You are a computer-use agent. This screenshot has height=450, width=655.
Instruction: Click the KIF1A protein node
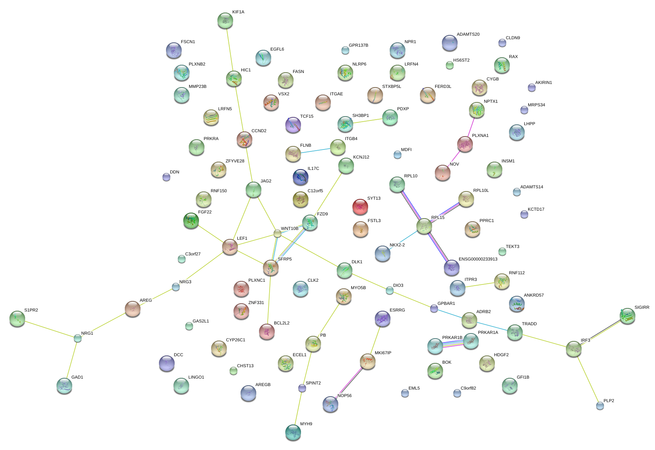click(x=225, y=20)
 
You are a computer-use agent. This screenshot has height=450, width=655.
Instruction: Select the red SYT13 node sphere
click(x=360, y=207)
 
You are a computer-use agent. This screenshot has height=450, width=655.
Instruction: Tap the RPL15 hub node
click(x=424, y=226)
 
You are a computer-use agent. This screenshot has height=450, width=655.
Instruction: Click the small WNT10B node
click(x=277, y=234)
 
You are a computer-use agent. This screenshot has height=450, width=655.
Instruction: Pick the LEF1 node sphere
click(x=230, y=247)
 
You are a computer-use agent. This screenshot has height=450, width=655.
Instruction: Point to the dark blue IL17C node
click(x=300, y=177)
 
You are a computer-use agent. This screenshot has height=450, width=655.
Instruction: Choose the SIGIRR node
click(x=627, y=315)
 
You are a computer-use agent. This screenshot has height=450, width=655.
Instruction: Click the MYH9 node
click(x=293, y=432)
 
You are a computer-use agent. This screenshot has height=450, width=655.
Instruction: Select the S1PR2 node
click(x=17, y=319)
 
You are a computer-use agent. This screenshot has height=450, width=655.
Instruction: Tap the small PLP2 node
click(x=600, y=406)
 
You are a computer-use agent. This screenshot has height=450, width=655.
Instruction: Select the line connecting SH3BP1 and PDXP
click(x=367, y=120)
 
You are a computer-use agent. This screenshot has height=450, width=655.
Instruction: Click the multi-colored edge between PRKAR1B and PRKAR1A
click(x=452, y=344)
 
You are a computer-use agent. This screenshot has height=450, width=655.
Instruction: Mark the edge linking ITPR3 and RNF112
click(x=479, y=285)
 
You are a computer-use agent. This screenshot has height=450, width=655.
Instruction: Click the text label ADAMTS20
click(x=468, y=35)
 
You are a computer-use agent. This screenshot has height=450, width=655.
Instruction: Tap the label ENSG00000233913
click(x=478, y=259)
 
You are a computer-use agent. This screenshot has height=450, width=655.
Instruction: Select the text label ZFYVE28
click(x=235, y=161)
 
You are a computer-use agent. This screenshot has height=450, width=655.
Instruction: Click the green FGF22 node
click(x=191, y=221)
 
